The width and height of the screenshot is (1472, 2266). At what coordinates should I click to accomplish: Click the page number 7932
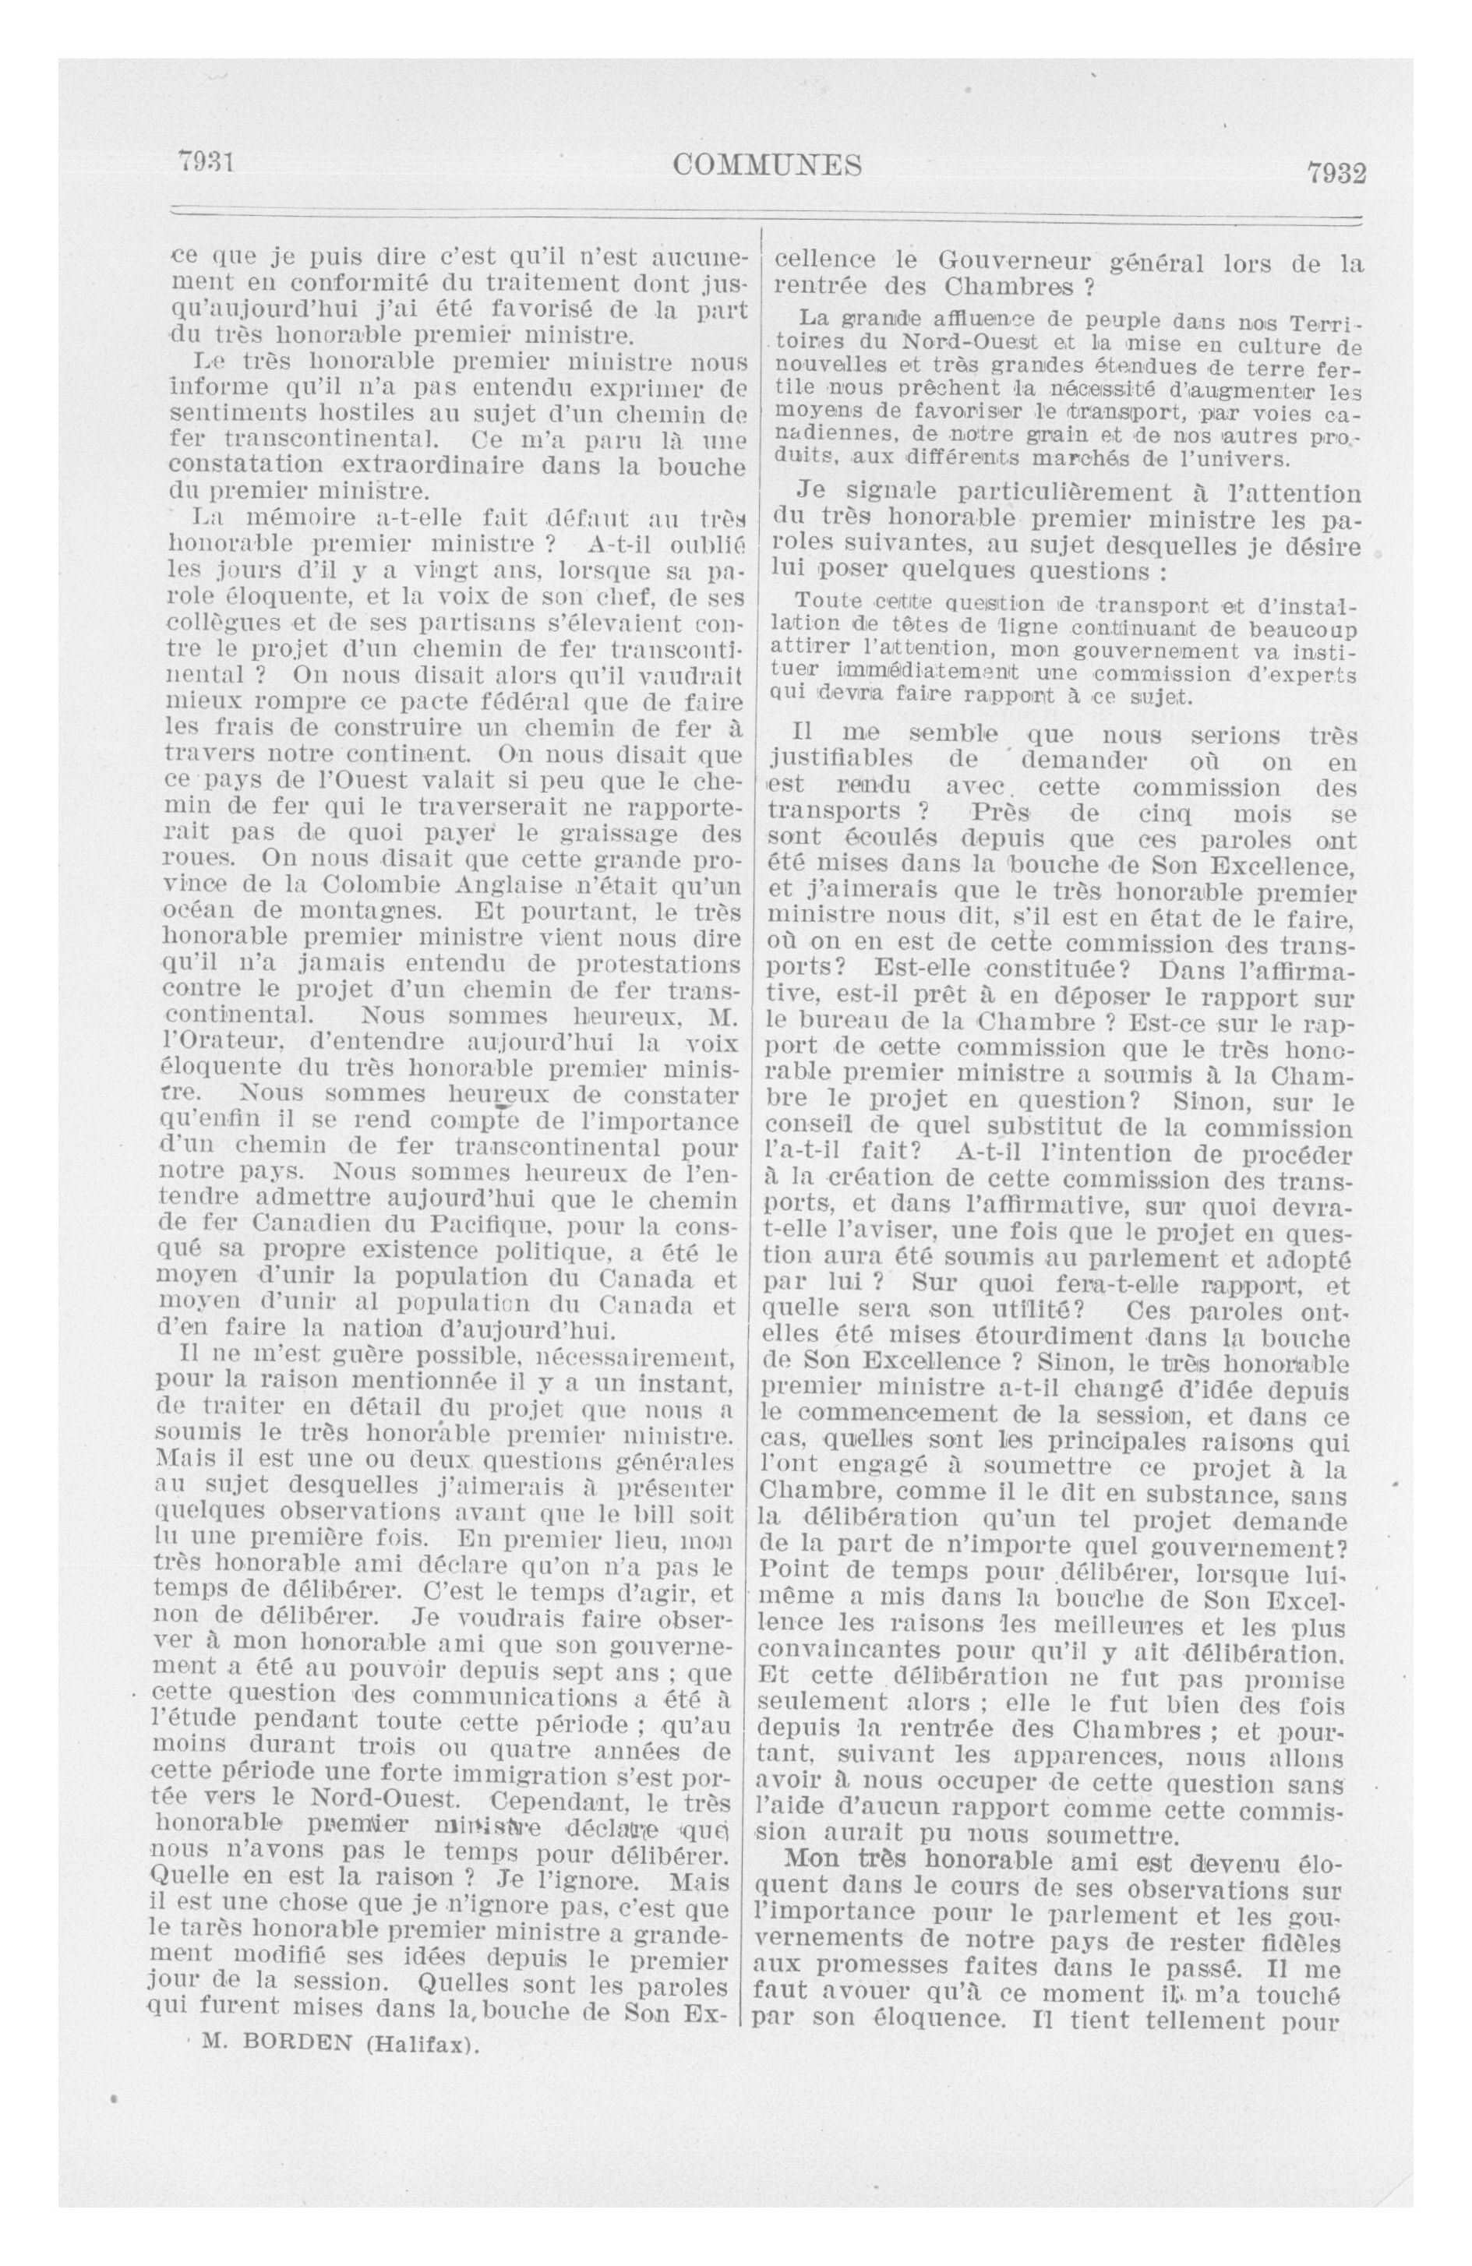[x=1335, y=173]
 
